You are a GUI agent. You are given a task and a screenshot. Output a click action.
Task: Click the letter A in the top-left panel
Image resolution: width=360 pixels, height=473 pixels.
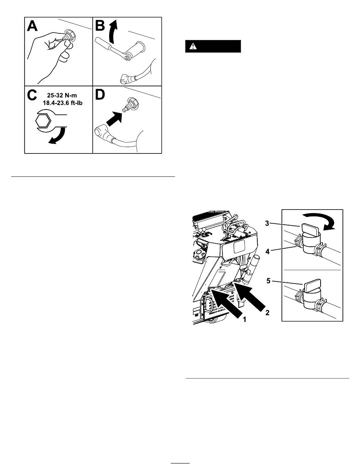[x=32, y=26]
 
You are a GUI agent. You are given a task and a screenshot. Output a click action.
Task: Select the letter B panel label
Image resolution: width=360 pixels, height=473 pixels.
[x=100, y=25]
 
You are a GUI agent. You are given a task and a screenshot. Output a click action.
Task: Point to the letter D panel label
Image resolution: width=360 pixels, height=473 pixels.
[x=100, y=95]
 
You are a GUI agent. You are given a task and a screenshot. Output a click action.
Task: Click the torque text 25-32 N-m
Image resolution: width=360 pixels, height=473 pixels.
[x=62, y=95]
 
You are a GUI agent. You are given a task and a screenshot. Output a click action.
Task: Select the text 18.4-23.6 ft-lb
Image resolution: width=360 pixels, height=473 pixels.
[x=63, y=103]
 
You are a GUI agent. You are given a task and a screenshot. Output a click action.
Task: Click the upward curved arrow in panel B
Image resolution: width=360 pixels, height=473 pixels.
[x=113, y=31]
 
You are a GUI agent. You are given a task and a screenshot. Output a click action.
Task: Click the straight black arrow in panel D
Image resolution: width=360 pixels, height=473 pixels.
[x=114, y=119]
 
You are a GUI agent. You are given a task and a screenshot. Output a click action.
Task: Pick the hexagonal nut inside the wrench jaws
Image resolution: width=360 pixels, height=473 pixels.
[x=43, y=121]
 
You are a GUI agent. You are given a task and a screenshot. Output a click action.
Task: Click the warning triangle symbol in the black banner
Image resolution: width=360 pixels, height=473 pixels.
[x=193, y=46]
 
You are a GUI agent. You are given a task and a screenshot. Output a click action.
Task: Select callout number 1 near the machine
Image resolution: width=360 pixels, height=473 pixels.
[x=244, y=320]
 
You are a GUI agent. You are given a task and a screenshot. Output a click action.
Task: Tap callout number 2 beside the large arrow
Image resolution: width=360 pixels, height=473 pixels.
[x=268, y=313]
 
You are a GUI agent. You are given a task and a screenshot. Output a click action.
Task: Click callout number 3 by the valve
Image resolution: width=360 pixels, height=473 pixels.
[x=267, y=223]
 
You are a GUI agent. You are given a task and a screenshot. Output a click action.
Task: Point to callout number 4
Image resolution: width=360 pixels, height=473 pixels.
[x=268, y=252]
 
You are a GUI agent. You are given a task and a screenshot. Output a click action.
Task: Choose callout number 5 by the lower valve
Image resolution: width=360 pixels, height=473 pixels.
[x=268, y=281]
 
